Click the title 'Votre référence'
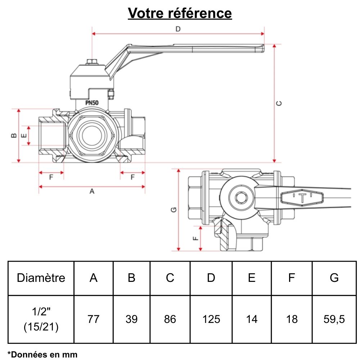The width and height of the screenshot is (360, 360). (180, 13)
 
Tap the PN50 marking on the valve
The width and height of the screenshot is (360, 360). (92, 103)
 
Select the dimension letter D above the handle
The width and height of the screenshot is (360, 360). (177, 29)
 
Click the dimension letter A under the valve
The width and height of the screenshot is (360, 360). (92, 192)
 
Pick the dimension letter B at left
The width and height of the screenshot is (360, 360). (13, 135)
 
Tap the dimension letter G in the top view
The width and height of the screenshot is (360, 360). (174, 210)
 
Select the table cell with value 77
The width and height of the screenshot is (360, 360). (94, 319)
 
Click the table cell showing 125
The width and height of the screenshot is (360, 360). (211, 319)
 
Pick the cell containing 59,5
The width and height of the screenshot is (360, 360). (334, 319)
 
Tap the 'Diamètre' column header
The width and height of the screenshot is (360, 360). (41, 278)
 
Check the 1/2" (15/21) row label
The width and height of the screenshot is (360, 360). (41, 319)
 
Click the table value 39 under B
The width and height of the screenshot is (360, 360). (132, 319)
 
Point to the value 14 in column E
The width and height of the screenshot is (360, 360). (252, 319)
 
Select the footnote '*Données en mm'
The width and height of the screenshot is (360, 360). (42, 354)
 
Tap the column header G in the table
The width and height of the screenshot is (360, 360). (334, 278)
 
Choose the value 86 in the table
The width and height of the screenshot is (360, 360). (170, 319)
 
